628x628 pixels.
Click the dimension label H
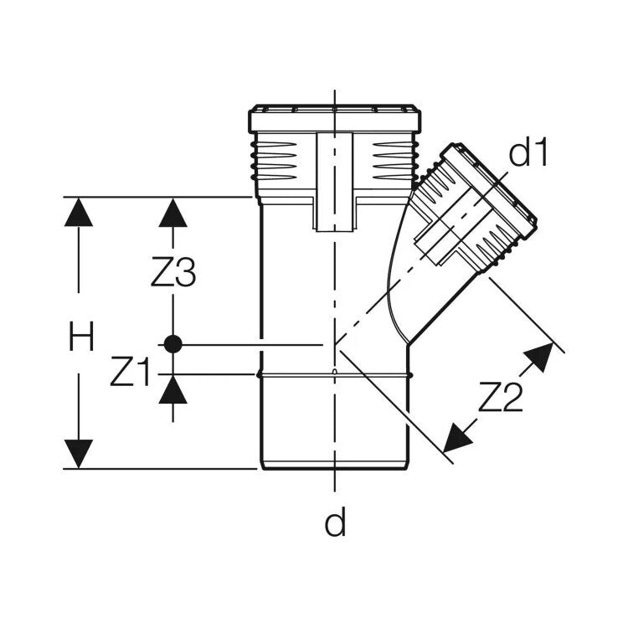(x=81, y=337)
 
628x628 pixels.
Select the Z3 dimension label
(x=173, y=273)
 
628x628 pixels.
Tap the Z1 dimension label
(x=130, y=373)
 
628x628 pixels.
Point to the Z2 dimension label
(x=501, y=397)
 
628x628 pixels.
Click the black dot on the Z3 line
(x=173, y=344)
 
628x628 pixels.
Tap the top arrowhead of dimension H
(x=79, y=212)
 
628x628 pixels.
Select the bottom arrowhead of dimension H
(x=79, y=454)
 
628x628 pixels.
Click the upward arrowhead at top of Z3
(x=173, y=213)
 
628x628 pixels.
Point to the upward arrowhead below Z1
(x=173, y=389)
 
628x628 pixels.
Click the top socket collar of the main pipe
(x=335, y=119)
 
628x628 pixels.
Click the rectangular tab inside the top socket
(x=335, y=182)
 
